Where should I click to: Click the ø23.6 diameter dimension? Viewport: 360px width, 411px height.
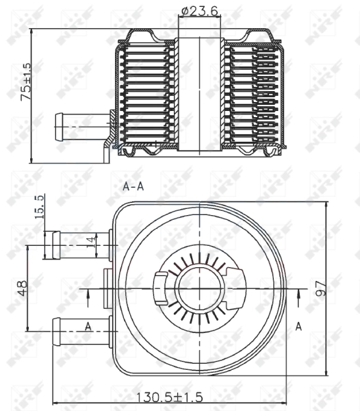(x=200, y=12)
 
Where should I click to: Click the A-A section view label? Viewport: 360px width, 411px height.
(x=133, y=186)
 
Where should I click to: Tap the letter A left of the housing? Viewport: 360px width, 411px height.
(x=88, y=327)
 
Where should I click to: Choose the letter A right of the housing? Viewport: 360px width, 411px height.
(x=298, y=327)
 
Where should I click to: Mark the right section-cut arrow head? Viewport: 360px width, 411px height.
(x=300, y=295)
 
